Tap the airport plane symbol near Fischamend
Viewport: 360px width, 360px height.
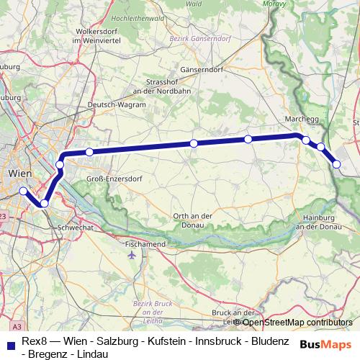[132, 254]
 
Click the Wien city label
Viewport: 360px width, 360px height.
[19, 174]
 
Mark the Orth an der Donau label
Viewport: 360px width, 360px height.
[192, 221]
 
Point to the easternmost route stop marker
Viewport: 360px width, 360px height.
[338, 165]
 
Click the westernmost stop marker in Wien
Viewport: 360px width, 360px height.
[23, 191]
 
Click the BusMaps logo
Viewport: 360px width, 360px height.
[326, 344]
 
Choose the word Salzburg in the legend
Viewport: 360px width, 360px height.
[114, 341]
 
